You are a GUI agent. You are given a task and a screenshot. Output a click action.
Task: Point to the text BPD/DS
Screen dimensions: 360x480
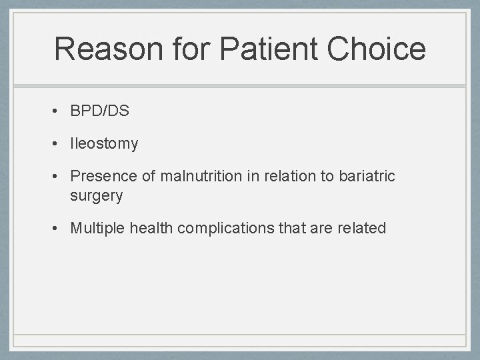[100, 111]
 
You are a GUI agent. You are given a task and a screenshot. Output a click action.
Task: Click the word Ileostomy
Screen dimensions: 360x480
[104, 143]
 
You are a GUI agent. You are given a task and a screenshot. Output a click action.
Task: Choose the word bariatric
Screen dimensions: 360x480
[367, 176]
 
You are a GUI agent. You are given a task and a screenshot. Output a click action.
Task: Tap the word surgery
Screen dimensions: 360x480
[97, 195]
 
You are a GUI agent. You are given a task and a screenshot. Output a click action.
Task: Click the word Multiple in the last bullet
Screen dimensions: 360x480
[98, 228]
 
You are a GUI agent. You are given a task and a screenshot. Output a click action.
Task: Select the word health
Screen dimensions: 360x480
[151, 228]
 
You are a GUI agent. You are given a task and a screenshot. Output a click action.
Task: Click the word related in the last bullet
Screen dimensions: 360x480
[361, 228]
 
